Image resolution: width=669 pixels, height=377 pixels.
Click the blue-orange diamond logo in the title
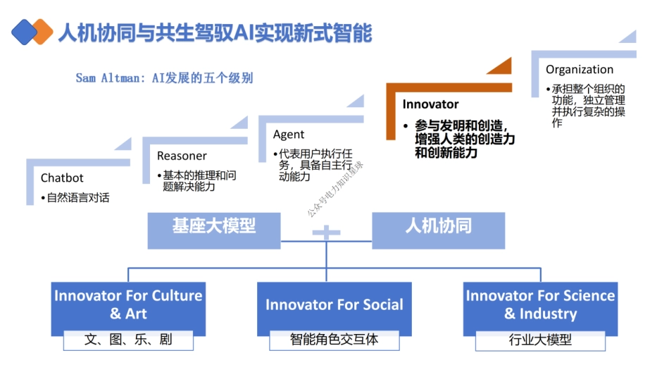pyautogui.click(x=32, y=31)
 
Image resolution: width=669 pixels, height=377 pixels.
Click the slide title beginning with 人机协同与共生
pyautogui.click(x=215, y=32)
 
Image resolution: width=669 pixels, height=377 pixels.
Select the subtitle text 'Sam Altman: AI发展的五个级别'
pyautogui.click(x=164, y=78)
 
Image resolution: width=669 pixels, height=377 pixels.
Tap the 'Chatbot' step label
pyautogui.click(x=62, y=178)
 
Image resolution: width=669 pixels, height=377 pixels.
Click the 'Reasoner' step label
pyautogui.click(x=182, y=156)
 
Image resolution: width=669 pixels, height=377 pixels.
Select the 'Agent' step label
pyautogui.click(x=289, y=135)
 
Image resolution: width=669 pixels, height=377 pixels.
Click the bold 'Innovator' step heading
pyautogui.click(x=430, y=104)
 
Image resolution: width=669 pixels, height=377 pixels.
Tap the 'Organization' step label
pyautogui.click(x=579, y=69)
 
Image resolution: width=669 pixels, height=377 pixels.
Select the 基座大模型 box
pyautogui.click(x=213, y=227)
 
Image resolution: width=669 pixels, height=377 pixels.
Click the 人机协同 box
pyautogui.click(x=438, y=227)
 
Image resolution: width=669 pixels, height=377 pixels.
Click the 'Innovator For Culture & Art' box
pyautogui.click(x=128, y=304)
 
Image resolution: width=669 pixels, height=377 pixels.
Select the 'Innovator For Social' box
pyautogui.click(x=334, y=305)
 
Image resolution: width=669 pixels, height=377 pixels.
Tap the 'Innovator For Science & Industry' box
pyautogui.click(x=540, y=304)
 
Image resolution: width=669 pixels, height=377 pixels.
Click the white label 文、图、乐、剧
pyautogui.click(x=128, y=340)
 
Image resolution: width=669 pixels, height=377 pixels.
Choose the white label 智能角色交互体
pyautogui.click(x=334, y=340)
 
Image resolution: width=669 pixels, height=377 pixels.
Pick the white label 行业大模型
pyautogui.click(x=540, y=340)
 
